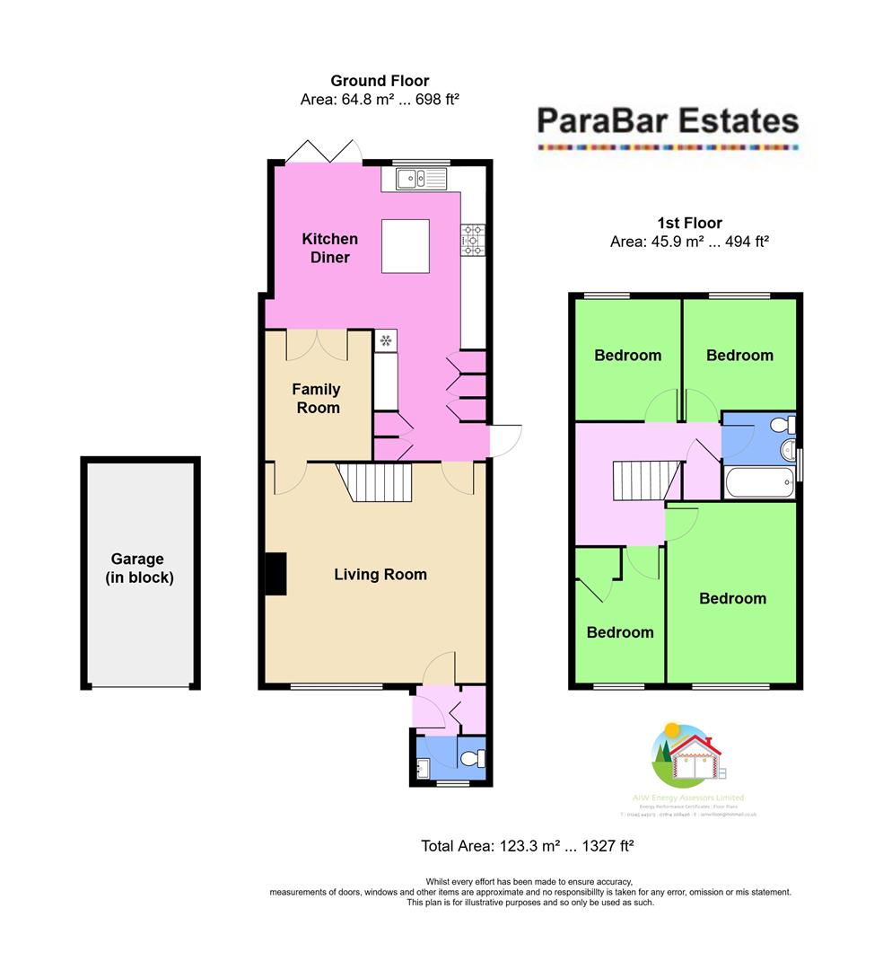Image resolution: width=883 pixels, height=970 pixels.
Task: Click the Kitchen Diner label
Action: coord(329,248)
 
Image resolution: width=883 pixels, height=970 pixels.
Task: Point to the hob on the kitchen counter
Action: coord(472,239)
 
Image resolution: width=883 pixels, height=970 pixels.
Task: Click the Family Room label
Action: coord(316,398)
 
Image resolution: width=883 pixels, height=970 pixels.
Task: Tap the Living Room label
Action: coord(380,574)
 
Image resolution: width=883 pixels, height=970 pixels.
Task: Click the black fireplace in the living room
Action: coord(275,574)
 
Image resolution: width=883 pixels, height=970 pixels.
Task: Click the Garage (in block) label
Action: coord(139,569)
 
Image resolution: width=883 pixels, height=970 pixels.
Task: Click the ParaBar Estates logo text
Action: coord(667,120)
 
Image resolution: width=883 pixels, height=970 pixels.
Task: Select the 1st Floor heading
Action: coord(688,223)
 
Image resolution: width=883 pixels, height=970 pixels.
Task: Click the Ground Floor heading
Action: coord(380,81)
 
